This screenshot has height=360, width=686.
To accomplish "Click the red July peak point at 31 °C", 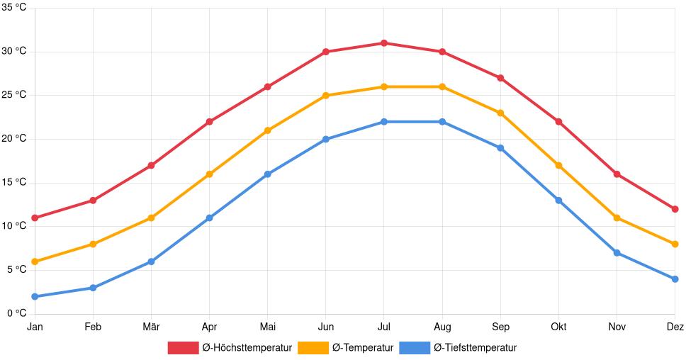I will pyautogui.click(x=384, y=43).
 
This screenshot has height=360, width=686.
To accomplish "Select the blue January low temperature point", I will pyautogui.click(x=35, y=296).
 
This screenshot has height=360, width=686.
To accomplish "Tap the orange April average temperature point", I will pyautogui.click(x=209, y=174).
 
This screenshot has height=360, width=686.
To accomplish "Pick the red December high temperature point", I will pyautogui.click(x=675, y=209).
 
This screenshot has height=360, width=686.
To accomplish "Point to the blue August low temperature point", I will pyautogui.click(x=442, y=122).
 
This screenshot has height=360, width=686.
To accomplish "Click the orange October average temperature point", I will pyautogui.click(x=558, y=165).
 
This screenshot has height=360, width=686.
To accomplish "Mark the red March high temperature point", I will pyautogui.click(x=151, y=165).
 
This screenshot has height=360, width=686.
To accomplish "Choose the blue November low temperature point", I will pyautogui.click(x=617, y=253).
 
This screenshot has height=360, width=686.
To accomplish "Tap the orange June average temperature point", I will pyautogui.click(x=326, y=96).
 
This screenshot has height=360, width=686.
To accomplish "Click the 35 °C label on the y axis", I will pyautogui.click(x=14, y=8).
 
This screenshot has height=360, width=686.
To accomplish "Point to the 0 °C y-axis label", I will pyautogui.click(x=16, y=313).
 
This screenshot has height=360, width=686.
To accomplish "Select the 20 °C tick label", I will pyautogui.click(x=14, y=139).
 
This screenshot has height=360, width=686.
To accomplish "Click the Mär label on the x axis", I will pyautogui.click(x=151, y=327).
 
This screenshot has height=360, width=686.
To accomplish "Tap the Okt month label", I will pyautogui.click(x=558, y=327).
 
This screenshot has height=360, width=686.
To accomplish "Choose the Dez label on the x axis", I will pyautogui.click(x=675, y=327).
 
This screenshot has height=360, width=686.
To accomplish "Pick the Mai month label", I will pyautogui.click(x=267, y=327).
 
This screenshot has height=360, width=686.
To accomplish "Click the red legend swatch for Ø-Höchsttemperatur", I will pyautogui.click(x=183, y=348).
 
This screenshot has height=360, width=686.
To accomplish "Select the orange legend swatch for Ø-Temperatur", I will pyautogui.click(x=313, y=348).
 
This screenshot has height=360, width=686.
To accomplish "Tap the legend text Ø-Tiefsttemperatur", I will pyautogui.click(x=475, y=348).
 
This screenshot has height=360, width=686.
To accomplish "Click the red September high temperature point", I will pyautogui.click(x=500, y=78).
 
